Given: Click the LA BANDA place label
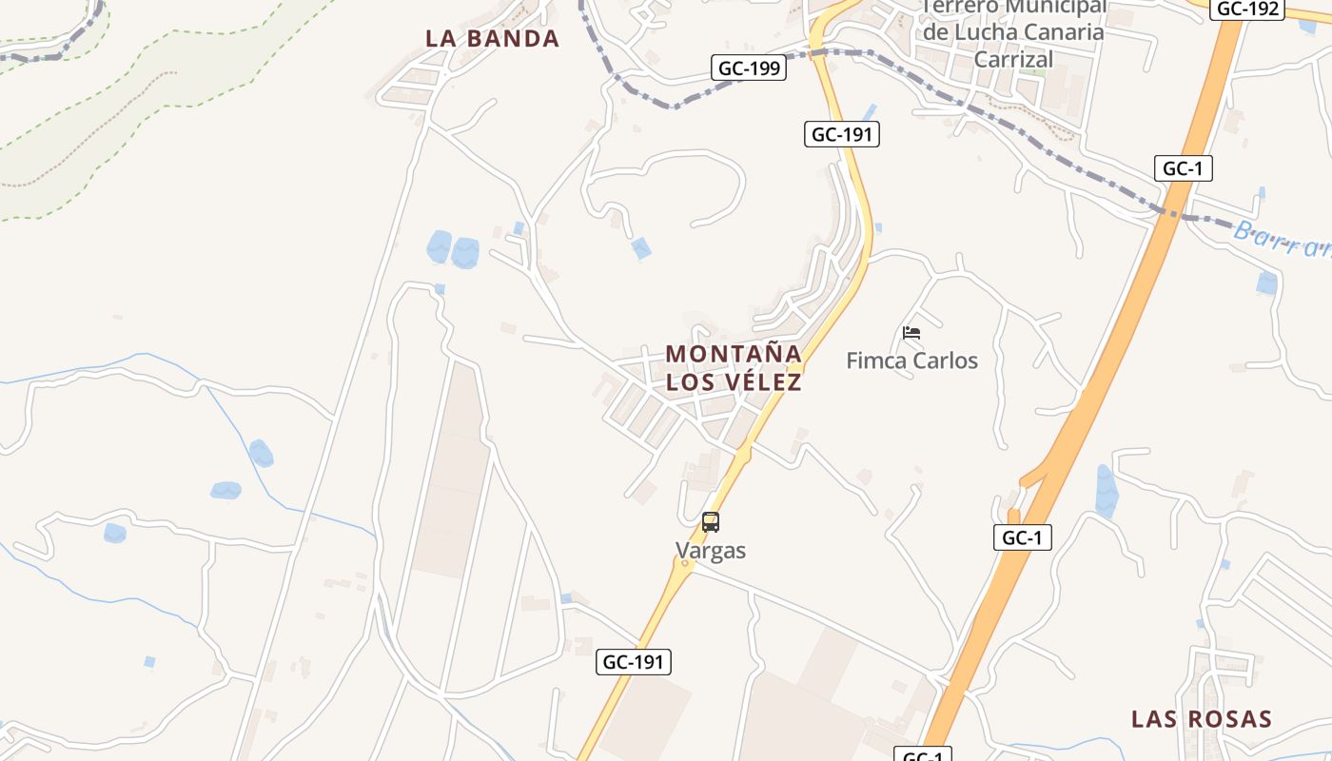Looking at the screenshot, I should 492,39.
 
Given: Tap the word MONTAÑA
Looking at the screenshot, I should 733,354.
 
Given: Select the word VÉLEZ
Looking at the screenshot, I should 762,382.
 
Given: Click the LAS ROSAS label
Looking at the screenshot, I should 1201,719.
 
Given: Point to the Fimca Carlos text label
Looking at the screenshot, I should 911,361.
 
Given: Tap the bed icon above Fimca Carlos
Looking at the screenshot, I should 911,333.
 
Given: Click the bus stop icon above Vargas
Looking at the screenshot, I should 711,521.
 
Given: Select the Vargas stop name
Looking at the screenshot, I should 711,550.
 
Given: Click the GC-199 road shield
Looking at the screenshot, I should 749,68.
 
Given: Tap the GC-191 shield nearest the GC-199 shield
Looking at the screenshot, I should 841,134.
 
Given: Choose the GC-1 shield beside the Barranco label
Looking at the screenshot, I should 1184,168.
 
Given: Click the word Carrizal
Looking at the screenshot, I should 1014,59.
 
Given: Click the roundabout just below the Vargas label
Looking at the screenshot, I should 683,563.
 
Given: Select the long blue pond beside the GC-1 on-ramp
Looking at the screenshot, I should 1106,490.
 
